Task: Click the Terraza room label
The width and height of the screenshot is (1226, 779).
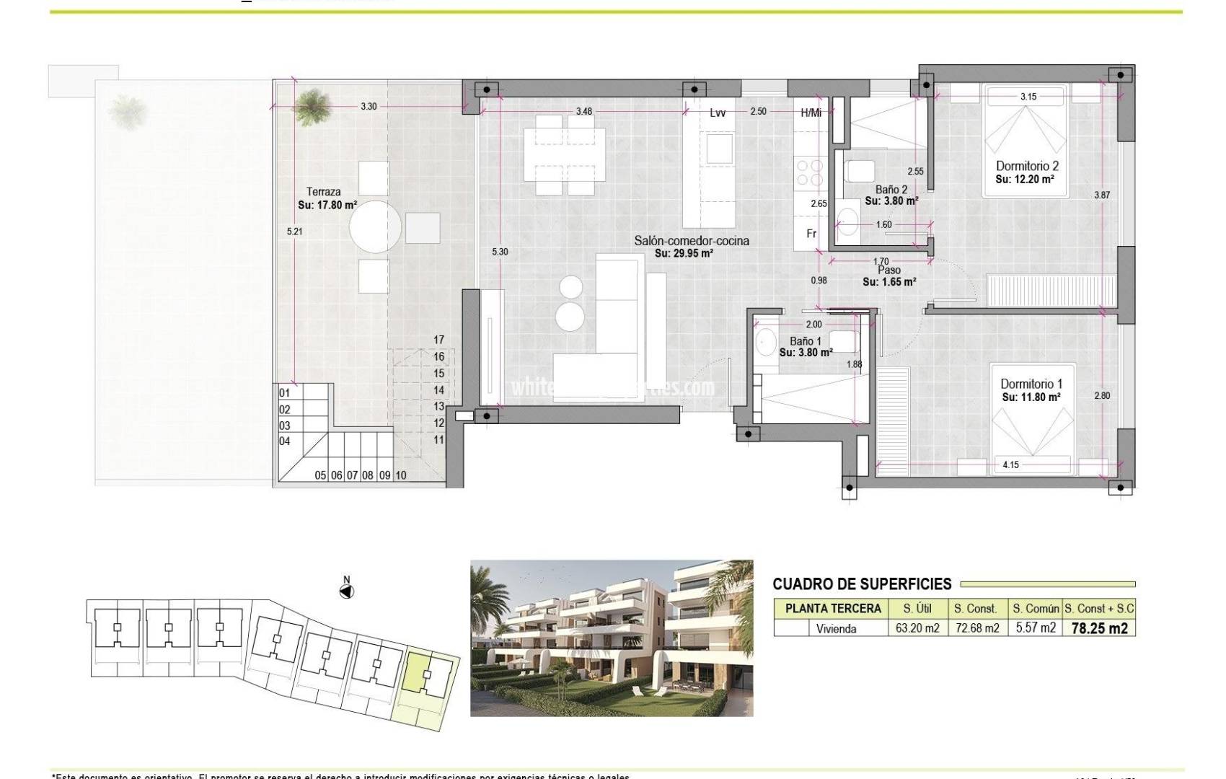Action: pos(323,192)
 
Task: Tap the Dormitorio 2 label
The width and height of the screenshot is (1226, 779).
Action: pos(1027,167)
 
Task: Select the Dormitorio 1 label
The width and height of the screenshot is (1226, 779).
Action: pos(1031,384)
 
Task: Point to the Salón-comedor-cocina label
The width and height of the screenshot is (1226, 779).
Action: pos(691,241)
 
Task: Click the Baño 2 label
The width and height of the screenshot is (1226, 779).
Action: pos(891,190)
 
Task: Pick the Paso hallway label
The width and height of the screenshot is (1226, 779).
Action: pos(888,270)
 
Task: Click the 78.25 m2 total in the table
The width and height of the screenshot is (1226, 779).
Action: pos(1099,628)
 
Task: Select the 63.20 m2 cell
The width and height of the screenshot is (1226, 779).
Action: pos(917,628)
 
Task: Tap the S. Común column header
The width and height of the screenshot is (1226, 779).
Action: pos(1036,609)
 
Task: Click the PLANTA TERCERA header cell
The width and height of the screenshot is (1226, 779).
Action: pos(833,609)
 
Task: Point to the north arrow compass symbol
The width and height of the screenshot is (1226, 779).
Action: pos(347,591)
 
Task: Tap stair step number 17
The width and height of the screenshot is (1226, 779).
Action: pos(438,340)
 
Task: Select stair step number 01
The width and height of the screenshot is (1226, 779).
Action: pos(285,393)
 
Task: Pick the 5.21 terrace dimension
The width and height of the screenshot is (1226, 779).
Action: pos(294,232)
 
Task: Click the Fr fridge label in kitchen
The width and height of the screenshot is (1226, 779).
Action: pos(811,234)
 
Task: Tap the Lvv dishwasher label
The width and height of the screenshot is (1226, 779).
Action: pos(717,113)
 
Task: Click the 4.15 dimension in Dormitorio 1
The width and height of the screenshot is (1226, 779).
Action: pos(1010,465)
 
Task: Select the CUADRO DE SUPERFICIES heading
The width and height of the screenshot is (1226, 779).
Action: pos(862,584)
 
